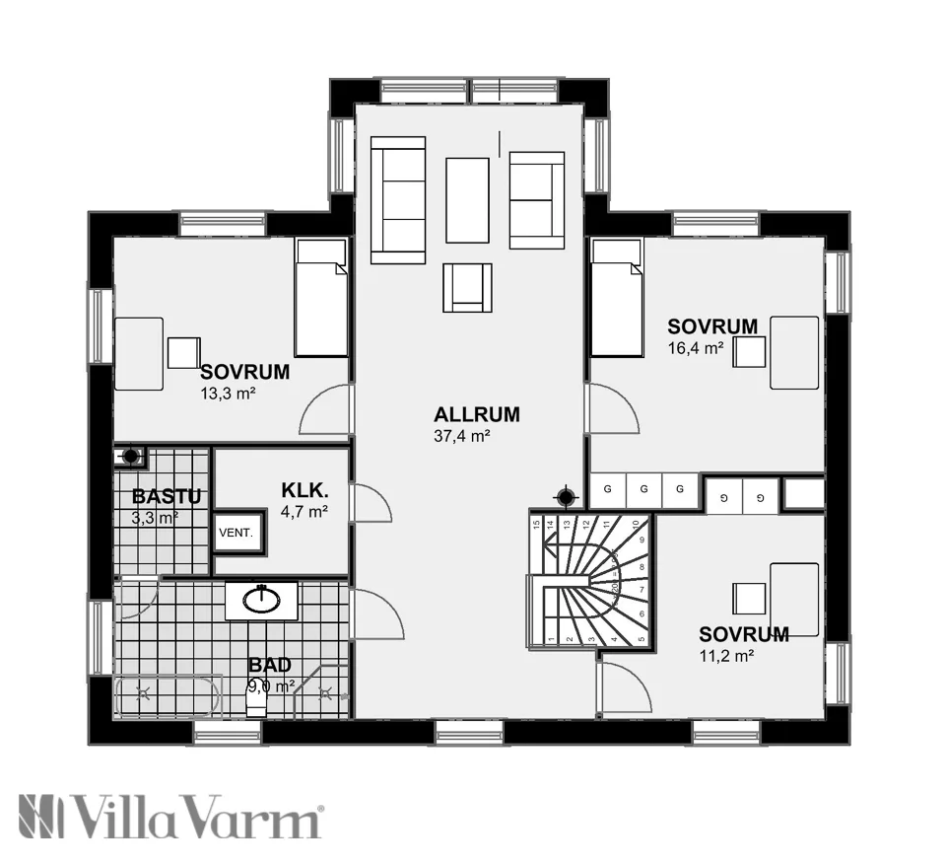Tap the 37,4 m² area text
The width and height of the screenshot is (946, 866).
(x=462, y=435)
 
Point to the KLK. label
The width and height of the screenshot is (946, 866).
(x=304, y=490)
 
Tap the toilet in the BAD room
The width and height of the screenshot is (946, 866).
(x=256, y=702)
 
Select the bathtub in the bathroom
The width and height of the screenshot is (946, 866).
(x=166, y=696)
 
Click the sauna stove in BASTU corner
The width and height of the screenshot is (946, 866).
(x=129, y=457)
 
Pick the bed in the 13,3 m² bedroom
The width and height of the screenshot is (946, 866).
(x=321, y=298)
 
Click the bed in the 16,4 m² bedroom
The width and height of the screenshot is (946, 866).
(x=616, y=298)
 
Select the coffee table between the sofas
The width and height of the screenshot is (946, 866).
(x=467, y=200)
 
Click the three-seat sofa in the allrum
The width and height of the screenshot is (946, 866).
(x=397, y=200)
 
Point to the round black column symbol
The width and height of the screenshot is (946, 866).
(x=566, y=496)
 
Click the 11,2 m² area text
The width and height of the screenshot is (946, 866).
(x=727, y=654)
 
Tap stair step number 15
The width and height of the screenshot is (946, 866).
(x=537, y=526)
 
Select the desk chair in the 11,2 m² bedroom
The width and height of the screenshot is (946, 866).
(x=749, y=598)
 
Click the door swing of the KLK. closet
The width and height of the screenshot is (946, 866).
(x=372, y=503)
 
